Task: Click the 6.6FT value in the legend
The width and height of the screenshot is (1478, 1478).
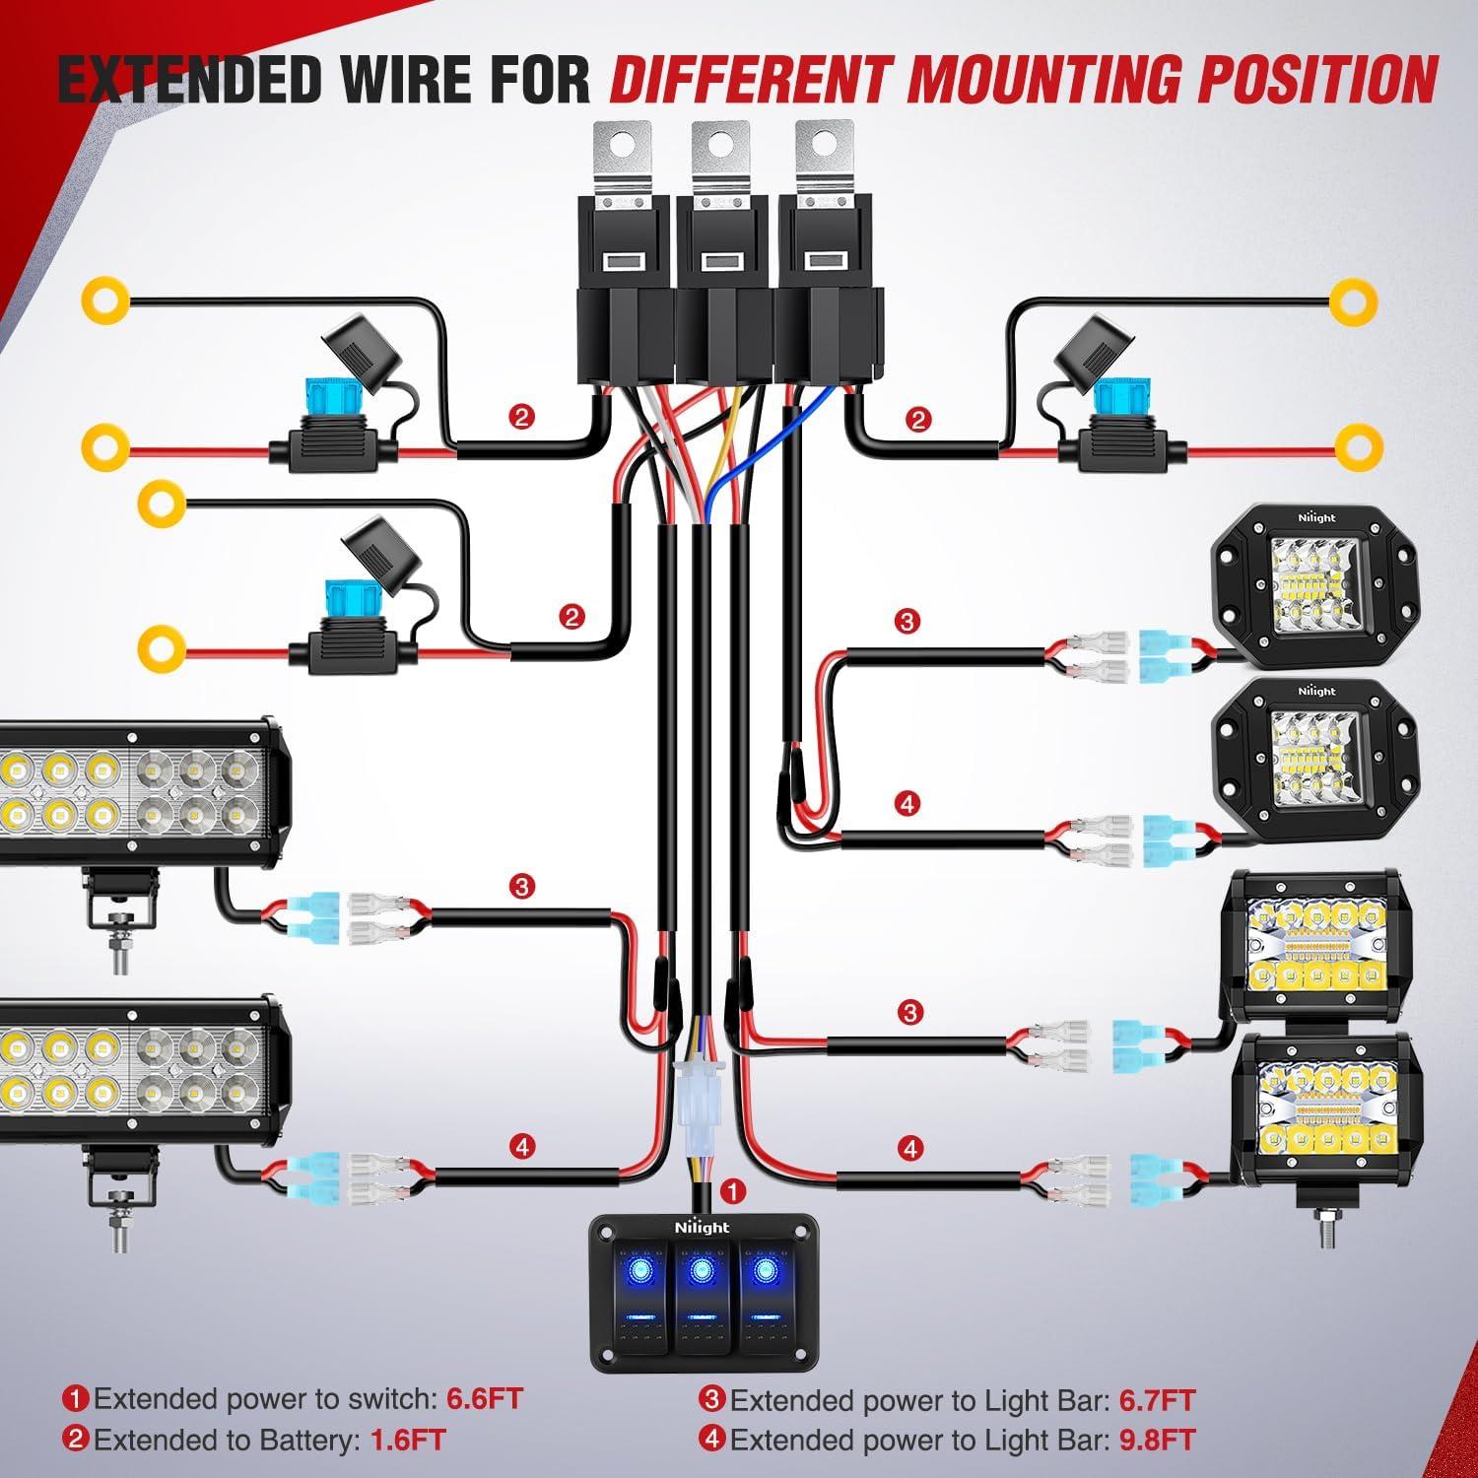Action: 484,1398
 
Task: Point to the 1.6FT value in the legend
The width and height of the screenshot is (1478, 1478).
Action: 408,1440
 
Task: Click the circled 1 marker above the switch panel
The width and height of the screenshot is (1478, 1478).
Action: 732,1190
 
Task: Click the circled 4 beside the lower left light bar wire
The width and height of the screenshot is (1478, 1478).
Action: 522,1147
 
